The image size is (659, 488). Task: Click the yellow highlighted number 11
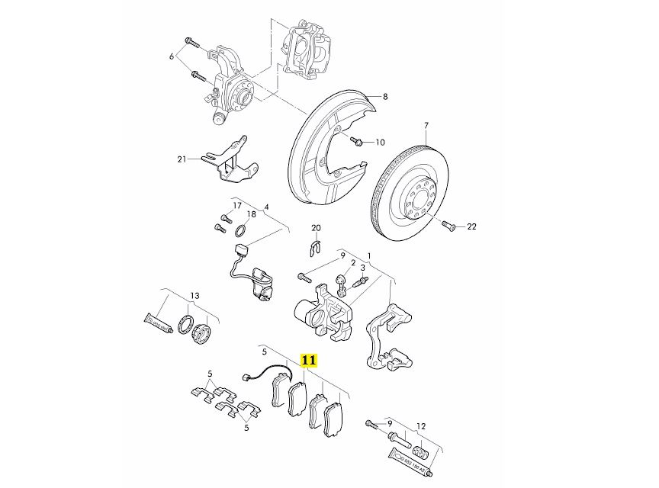(x=310, y=360)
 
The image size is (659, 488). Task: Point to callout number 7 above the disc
(x=427, y=125)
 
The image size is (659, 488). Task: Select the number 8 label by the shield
(x=385, y=97)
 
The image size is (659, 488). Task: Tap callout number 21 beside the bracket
(x=182, y=159)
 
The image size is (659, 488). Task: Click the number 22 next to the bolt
(x=471, y=226)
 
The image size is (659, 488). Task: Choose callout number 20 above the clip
(x=317, y=229)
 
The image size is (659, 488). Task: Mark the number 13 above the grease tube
(x=194, y=296)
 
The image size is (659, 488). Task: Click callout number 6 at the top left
(x=172, y=57)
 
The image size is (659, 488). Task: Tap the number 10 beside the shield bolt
(x=380, y=142)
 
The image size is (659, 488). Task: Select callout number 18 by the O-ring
(x=251, y=215)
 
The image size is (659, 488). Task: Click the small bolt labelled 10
(x=357, y=141)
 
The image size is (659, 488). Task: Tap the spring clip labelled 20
(x=317, y=247)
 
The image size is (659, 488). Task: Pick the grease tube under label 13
(x=158, y=323)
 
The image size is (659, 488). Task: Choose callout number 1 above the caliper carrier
(x=369, y=256)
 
